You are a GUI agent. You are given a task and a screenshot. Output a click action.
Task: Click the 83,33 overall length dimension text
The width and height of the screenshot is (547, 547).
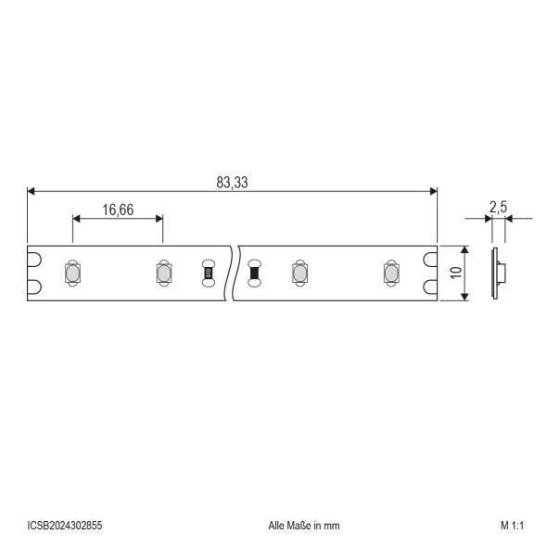tap(233, 183)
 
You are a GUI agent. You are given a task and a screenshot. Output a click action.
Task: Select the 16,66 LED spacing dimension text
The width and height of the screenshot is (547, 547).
tap(118, 210)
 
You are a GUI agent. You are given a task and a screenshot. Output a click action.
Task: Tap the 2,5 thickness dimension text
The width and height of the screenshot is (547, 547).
tap(497, 210)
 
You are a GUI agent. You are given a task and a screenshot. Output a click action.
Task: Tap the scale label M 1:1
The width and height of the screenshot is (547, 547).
tap(512, 525)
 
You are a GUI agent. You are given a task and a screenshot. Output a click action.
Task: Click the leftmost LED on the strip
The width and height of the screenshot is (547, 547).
tap(71, 273)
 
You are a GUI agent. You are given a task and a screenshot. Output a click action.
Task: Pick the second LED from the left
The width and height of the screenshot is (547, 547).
tap(161, 273)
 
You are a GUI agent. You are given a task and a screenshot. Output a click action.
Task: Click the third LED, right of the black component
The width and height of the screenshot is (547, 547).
tap(299, 273)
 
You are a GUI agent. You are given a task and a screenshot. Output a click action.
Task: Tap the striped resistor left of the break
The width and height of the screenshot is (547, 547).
tap(208, 273)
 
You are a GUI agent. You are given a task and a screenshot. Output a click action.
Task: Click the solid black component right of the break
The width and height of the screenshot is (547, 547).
tap(254, 273)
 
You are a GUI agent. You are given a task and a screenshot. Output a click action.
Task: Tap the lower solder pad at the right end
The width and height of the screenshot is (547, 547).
tap(430, 286)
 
